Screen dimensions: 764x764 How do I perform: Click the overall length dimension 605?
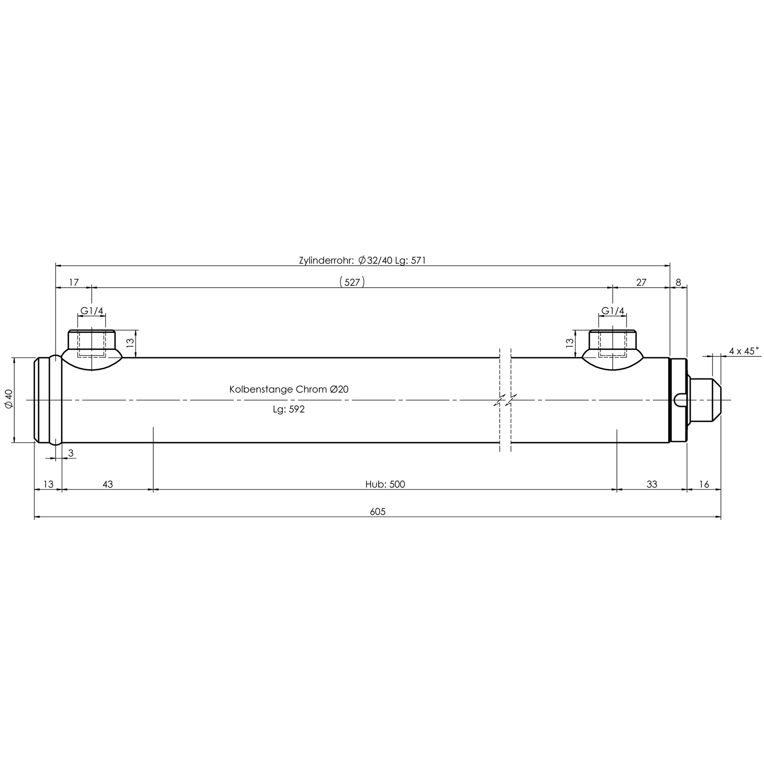(377, 512)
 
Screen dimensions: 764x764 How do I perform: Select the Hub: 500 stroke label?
(385, 484)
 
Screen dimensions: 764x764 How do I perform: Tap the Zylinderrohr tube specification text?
(362, 260)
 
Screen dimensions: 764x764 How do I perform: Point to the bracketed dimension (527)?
(352, 282)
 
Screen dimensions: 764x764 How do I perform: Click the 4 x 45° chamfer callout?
(744, 350)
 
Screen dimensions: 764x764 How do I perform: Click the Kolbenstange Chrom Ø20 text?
(289, 389)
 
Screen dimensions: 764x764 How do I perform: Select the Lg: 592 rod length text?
(288, 409)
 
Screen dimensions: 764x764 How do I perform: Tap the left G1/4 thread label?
(92, 311)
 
